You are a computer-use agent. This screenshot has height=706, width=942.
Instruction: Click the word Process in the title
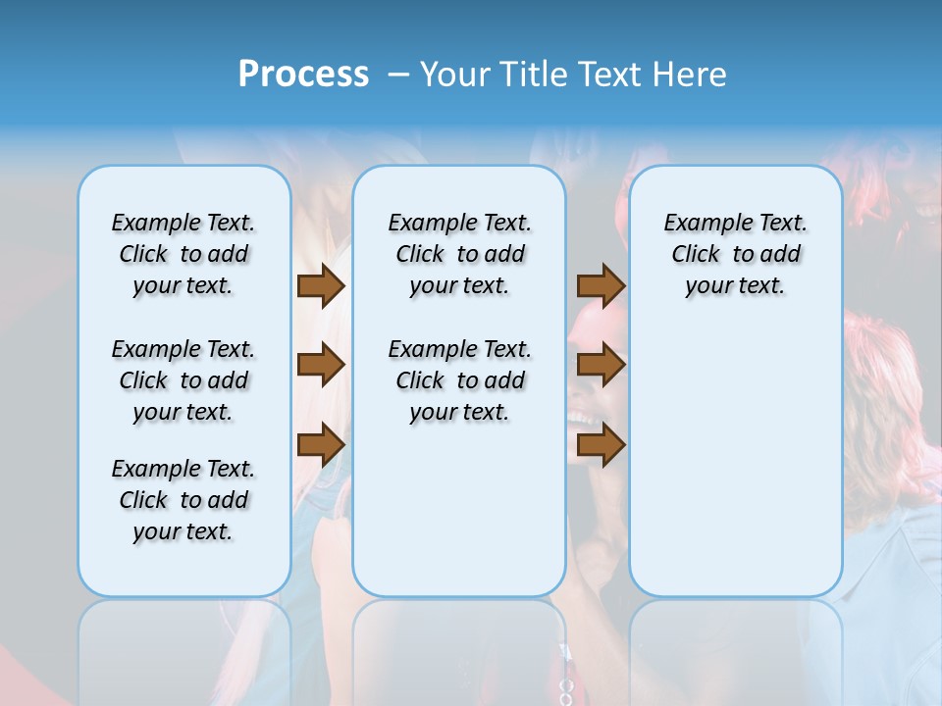click(x=303, y=74)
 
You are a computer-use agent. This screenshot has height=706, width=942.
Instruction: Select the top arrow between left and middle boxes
click(x=321, y=285)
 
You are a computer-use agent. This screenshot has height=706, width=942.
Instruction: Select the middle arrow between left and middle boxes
click(x=321, y=365)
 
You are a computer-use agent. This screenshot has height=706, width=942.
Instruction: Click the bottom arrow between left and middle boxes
click(x=321, y=445)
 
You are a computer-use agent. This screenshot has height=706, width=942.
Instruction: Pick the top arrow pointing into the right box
click(x=601, y=285)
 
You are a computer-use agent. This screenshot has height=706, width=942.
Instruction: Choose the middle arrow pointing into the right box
click(x=601, y=365)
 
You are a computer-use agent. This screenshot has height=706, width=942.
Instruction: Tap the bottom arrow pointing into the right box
click(x=601, y=445)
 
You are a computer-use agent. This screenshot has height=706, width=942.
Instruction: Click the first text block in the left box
click(x=183, y=254)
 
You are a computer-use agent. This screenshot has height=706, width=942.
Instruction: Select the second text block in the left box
click(x=183, y=380)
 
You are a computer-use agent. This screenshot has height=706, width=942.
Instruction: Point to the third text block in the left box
click(x=183, y=500)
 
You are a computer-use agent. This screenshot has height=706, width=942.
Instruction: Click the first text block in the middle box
click(x=459, y=254)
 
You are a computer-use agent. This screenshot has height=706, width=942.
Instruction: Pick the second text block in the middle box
click(x=459, y=380)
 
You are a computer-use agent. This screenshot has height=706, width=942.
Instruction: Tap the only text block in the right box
click(x=735, y=254)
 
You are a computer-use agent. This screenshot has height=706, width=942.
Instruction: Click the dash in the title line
click(x=397, y=75)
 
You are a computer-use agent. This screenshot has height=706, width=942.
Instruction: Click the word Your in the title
click(x=454, y=75)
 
